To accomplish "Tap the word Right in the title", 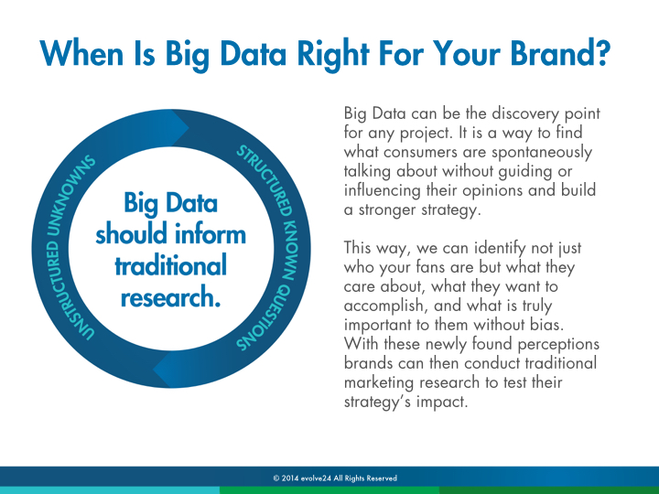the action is point(332,56).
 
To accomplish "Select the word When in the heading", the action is point(81,53).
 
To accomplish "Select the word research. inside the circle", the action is point(170,297).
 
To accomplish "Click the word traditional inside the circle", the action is point(170,265).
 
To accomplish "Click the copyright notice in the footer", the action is point(335,478).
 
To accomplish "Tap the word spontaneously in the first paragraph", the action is point(542,153).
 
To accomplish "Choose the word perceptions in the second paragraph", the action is point(558,345).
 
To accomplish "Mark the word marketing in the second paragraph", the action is point(379,383).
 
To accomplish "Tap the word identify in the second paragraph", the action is point(500,249).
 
